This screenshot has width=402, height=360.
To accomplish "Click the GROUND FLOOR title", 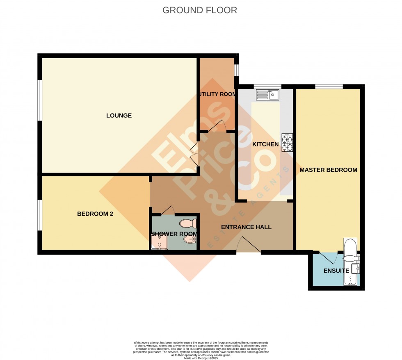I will pyautogui.click(x=200, y=10).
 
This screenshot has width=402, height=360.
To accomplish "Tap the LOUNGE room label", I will pyautogui.click(x=119, y=116).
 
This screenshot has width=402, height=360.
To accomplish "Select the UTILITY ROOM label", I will pyautogui.click(x=217, y=94).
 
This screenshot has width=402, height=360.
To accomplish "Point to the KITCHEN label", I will pyautogui.click(x=265, y=144).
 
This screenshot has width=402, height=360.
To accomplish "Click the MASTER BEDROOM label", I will pyautogui.click(x=328, y=170).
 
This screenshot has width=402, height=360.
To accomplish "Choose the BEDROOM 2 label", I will pyautogui.click(x=95, y=214).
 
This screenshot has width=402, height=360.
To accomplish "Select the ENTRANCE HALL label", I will pyautogui.click(x=246, y=227).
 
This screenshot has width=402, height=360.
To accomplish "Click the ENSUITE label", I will pyautogui.click(x=336, y=271).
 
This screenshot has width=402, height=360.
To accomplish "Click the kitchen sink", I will pyautogui.click(x=267, y=95).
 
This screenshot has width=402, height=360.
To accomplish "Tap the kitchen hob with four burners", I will pyautogui.click(x=287, y=143).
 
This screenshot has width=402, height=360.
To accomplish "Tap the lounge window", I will pyautogui.click(x=40, y=100).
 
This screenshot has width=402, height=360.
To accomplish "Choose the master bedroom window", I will pyautogui.click(x=329, y=86).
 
